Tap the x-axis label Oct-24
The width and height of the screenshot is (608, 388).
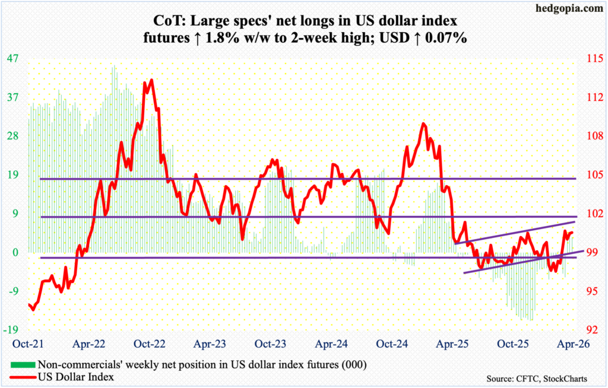(391, 344)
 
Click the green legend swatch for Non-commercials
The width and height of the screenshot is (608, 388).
(22, 364)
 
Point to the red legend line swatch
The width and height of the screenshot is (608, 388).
(22, 376)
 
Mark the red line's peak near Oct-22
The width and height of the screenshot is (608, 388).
(151, 80)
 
